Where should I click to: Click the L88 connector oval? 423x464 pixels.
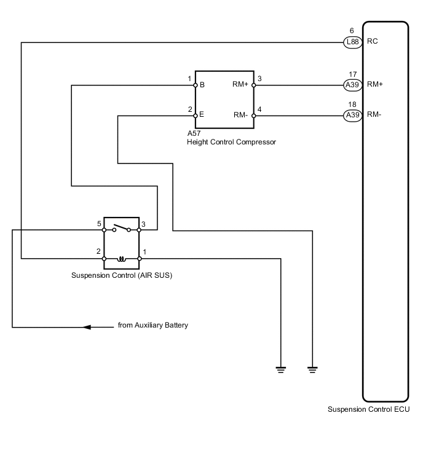click(x=352, y=42)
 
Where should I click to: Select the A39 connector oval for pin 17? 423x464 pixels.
click(x=352, y=85)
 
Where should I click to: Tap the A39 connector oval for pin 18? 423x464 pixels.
click(x=352, y=115)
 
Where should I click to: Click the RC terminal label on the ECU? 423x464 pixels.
click(x=373, y=41)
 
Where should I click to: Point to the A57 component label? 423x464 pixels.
click(x=194, y=133)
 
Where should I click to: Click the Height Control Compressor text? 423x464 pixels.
click(x=231, y=142)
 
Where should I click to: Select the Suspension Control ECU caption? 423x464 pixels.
click(x=368, y=409)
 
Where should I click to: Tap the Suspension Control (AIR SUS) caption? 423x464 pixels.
click(x=122, y=275)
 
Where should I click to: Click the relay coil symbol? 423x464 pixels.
click(x=122, y=259)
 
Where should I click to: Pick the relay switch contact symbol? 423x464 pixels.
click(x=121, y=228)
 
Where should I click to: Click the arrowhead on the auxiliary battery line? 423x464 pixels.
click(x=87, y=328)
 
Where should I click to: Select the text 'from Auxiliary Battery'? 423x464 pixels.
click(x=153, y=325)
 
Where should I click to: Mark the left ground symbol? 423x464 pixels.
click(x=280, y=370)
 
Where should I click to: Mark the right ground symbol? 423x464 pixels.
click(x=312, y=370)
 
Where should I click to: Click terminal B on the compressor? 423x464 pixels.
click(x=202, y=85)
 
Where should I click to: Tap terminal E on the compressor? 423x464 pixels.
click(x=202, y=114)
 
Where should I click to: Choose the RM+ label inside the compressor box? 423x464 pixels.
click(x=240, y=84)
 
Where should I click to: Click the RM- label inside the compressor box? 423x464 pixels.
click(x=240, y=115)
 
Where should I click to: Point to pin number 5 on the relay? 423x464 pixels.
click(x=99, y=224)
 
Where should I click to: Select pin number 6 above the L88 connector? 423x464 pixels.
click(x=352, y=31)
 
